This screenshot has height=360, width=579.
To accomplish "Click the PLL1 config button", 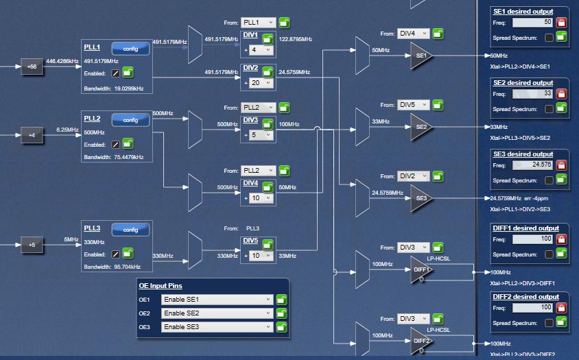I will coord(130,49).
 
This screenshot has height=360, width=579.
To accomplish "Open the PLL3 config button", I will coord(130,230).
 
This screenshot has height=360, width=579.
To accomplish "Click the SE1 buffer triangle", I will coord(421,56).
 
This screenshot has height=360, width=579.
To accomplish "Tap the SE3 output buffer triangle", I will coord(421,198).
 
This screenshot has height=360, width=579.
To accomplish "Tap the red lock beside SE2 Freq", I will coord(561,94).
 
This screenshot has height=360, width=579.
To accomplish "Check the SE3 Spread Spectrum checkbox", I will coord(549,180).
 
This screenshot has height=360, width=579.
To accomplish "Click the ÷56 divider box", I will coord(32,67).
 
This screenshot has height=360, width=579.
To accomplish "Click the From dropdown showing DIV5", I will coord(414,105).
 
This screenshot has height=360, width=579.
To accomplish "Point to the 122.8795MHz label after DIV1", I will coord(295,40).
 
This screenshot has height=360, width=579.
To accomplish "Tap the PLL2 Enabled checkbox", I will coord(115,145).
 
